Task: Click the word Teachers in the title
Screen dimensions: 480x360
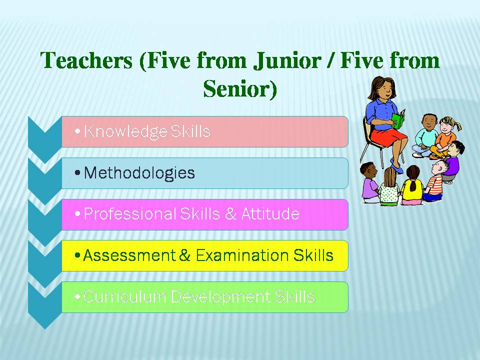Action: click(x=86, y=60)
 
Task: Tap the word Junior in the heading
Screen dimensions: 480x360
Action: click(x=287, y=60)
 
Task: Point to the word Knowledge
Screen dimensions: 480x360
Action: click(x=125, y=131)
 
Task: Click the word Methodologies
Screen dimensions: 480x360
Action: click(x=139, y=173)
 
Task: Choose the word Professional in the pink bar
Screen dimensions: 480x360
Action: click(x=130, y=213)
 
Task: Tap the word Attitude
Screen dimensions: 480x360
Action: click(x=270, y=213)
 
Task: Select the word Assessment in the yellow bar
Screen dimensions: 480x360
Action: click(x=129, y=255)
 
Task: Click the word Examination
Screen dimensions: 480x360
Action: click(x=242, y=255)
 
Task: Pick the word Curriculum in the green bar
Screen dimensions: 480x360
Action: click(x=124, y=296)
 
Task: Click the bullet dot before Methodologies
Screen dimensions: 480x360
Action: click(x=77, y=173)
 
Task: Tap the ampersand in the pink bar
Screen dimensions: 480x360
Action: click(x=230, y=214)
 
